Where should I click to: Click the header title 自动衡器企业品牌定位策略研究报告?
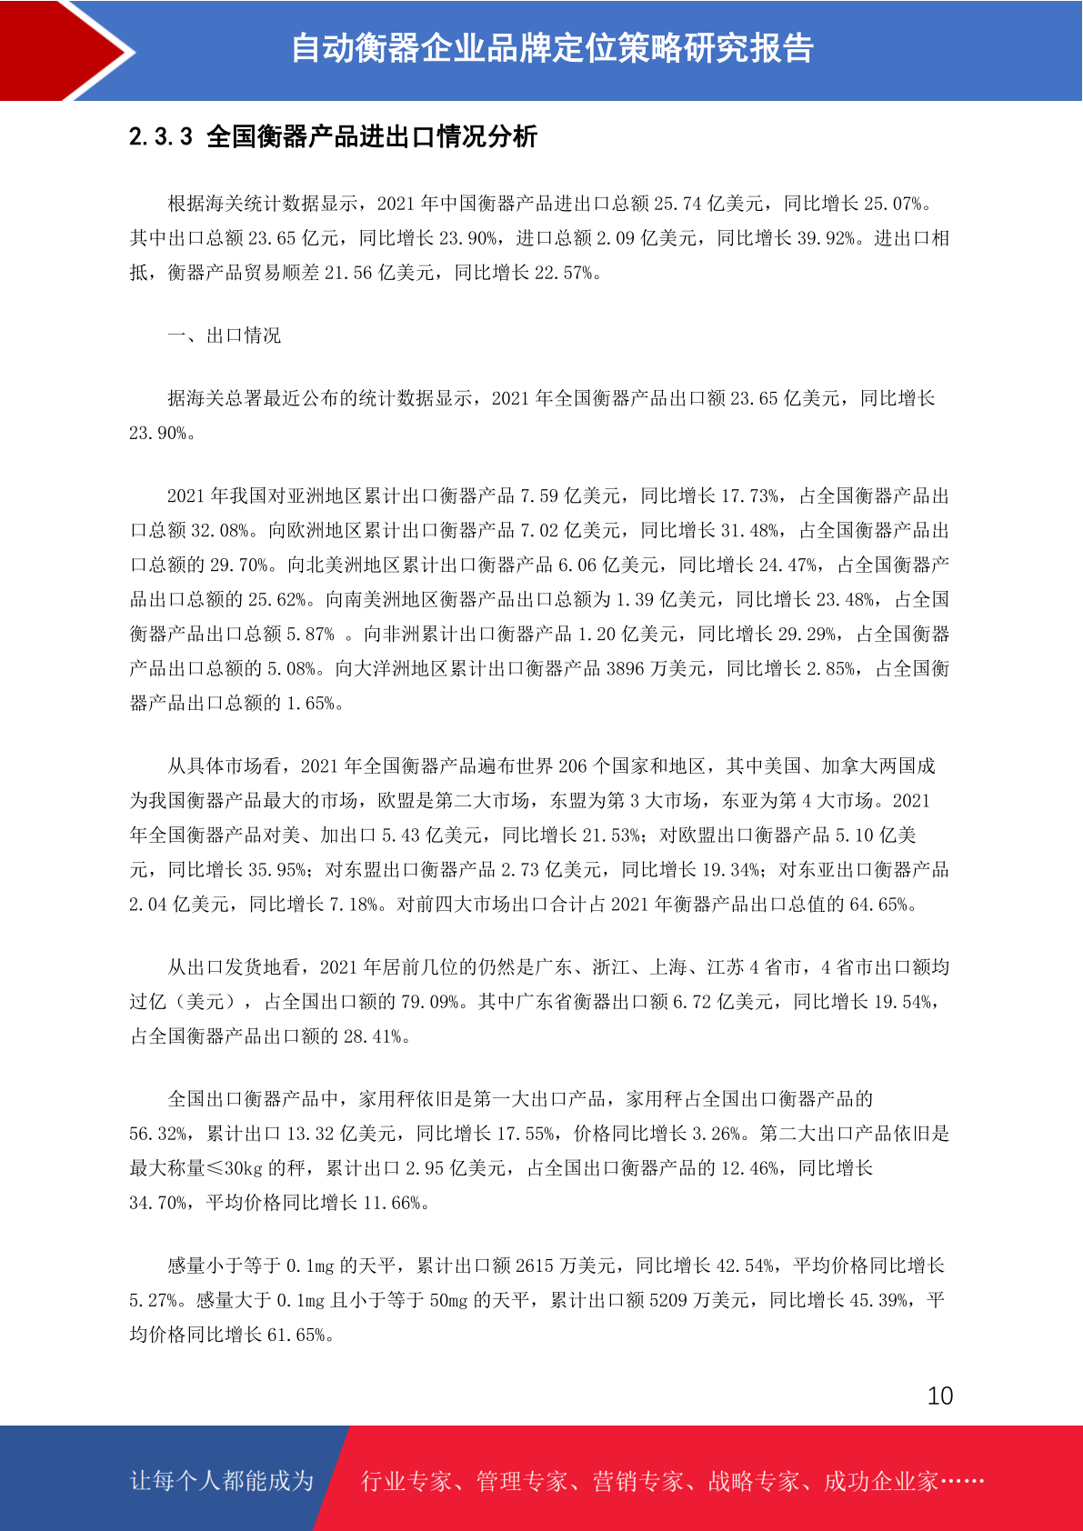coord(551,49)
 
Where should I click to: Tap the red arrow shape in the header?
coord(64,50)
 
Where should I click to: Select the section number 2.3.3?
coord(161,137)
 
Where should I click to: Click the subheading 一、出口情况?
coord(225,335)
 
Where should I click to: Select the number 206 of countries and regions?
coord(573,766)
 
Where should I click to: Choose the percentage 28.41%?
coord(373,1036)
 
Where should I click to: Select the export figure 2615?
coord(535,1266)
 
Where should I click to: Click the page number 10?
coord(939,1396)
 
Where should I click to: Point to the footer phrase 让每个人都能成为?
coord(222,1481)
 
